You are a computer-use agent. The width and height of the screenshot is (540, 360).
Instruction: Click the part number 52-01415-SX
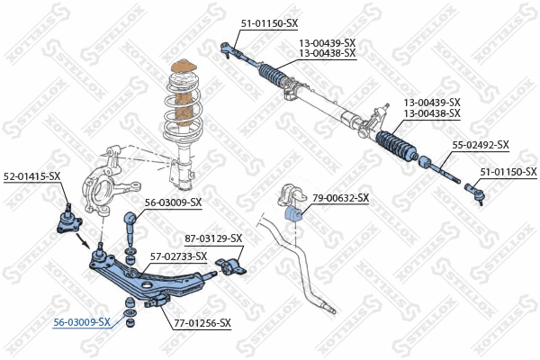(31, 175)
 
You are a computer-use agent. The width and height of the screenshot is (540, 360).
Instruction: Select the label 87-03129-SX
(214, 238)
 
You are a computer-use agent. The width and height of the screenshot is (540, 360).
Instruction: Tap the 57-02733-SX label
(178, 256)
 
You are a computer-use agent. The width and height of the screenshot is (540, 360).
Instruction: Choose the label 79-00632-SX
(340, 198)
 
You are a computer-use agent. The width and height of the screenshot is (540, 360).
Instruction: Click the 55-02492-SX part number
(480, 145)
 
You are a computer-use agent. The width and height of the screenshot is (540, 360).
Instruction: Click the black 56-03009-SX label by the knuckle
(173, 202)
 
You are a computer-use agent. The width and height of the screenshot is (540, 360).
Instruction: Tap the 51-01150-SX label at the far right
(508, 172)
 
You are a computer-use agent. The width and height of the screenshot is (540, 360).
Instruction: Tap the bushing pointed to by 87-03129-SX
(233, 265)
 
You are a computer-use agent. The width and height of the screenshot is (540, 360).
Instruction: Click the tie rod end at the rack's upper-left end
(230, 48)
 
